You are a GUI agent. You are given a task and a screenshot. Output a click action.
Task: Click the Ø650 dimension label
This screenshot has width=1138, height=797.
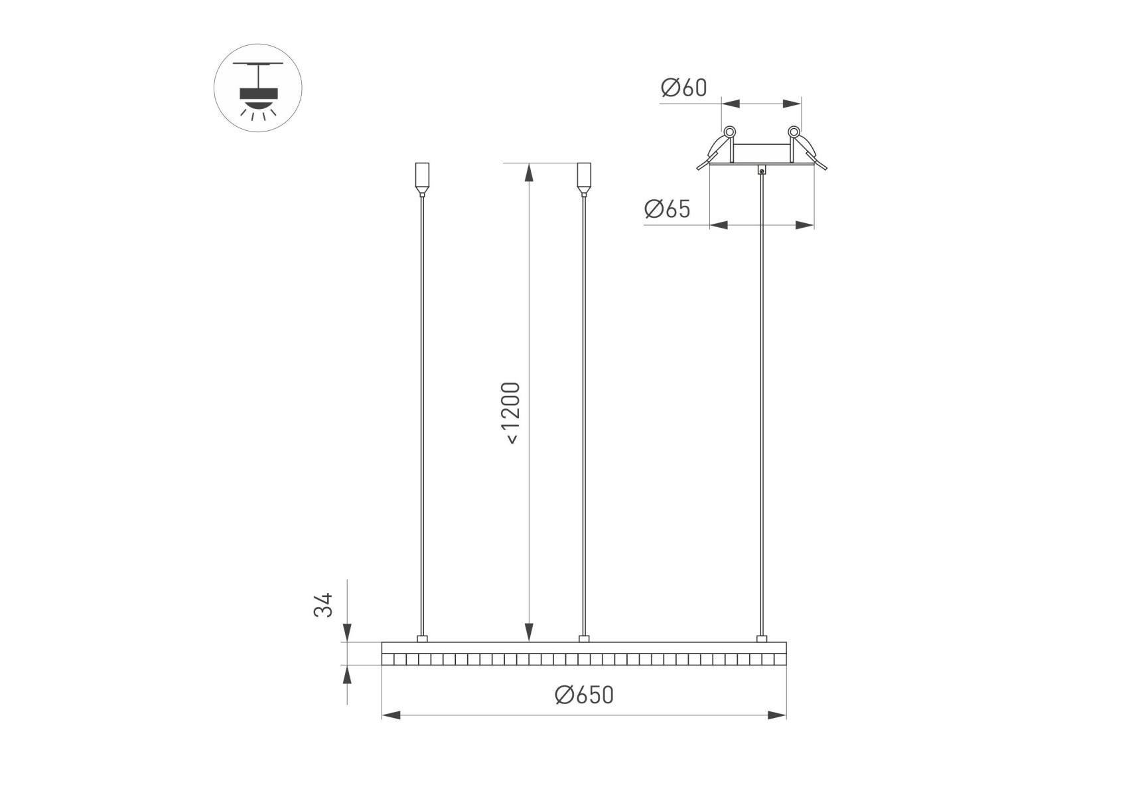tap(584, 695)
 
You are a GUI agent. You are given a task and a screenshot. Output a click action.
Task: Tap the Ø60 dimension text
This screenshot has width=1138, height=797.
tap(684, 87)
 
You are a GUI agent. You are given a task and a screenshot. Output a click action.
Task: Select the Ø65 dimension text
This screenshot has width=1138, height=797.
tap(668, 209)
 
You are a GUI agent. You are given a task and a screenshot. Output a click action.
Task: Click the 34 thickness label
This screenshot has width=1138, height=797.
tap(323, 605)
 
